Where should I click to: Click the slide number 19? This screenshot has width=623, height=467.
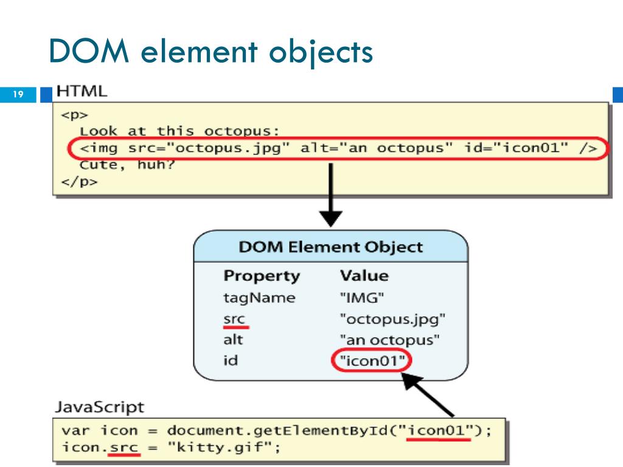click(18, 94)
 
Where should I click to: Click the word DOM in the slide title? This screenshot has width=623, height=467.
click(88, 51)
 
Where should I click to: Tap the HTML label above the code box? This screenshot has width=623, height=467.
click(82, 92)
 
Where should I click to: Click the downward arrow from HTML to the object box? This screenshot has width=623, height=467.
click(331, 195)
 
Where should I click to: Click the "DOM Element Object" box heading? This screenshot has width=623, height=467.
click(330, 247)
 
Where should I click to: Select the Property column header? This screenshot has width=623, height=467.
click(262, 275)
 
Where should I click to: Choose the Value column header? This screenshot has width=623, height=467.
click(364, 275)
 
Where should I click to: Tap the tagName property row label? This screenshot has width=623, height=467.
click(259, 298)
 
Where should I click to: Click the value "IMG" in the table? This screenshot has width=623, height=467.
click(362, 298)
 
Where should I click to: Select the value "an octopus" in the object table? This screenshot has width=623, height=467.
click(389, 340)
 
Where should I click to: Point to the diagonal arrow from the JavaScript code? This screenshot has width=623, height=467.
click(429, 395)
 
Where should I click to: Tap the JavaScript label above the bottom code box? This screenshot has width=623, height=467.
click(100, 407)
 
